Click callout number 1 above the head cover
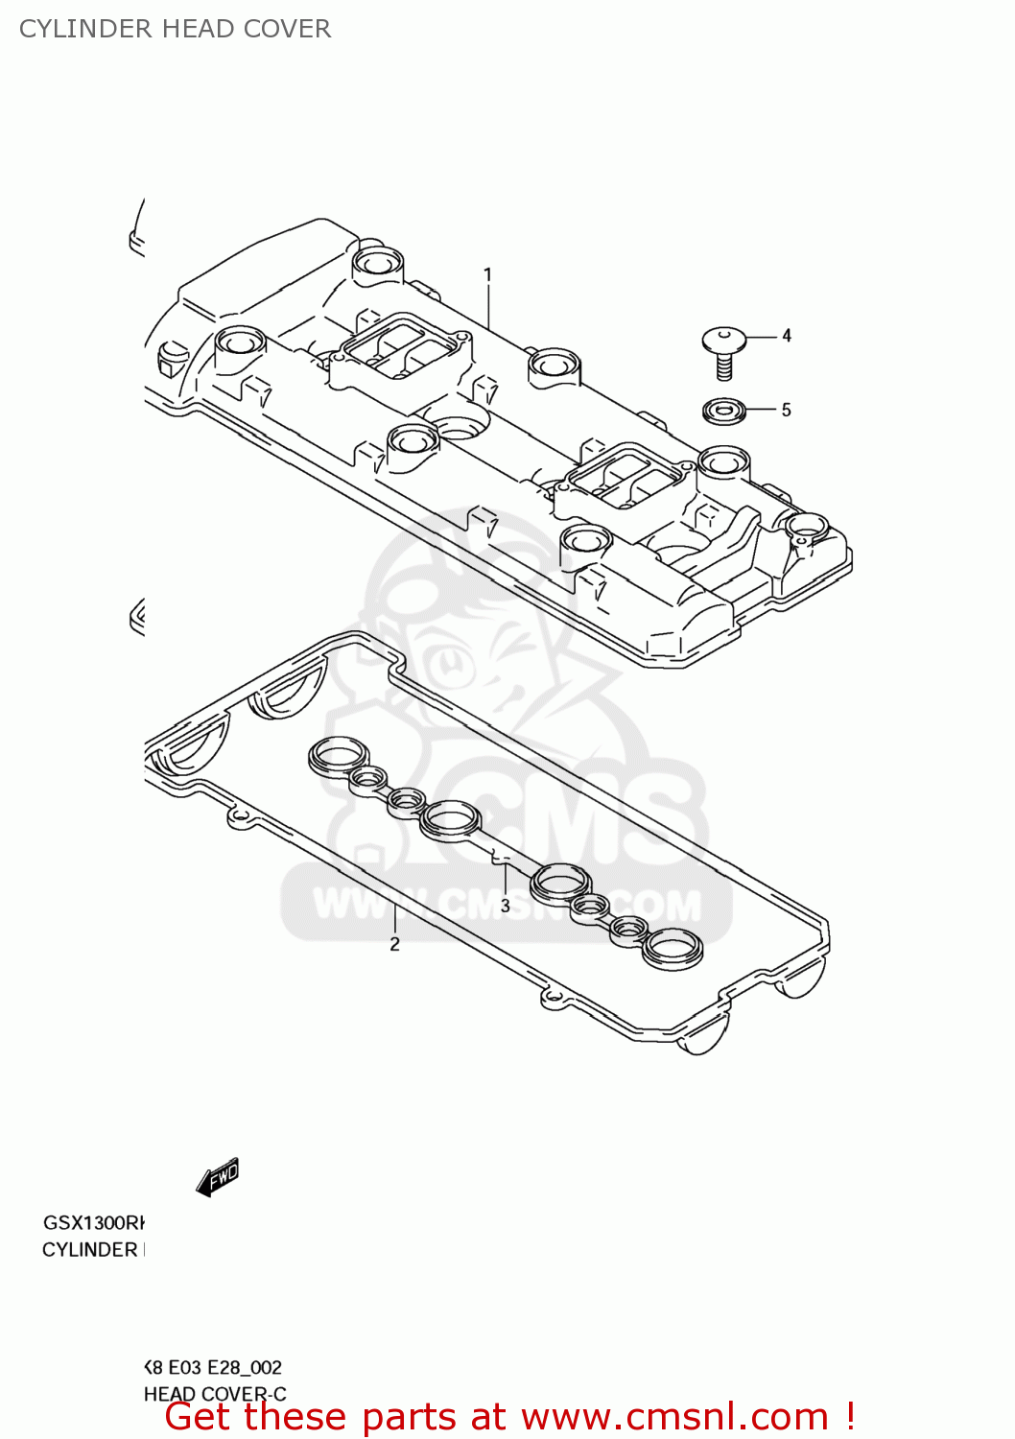[x=487, y=275]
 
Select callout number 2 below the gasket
[x=394, y=944]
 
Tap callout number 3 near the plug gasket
[x=505, y=906]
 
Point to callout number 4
[x=787, y=336]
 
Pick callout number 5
[x=786, y=411]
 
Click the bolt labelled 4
[x=724, y=350]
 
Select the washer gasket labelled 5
[x=724, y=411]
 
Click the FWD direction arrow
[x=218, y=1176]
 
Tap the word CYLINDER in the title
[x=86, y=29]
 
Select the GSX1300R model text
[x=93, y=1222]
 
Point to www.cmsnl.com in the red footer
[x=674, y=1417]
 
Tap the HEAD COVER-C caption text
[x=215, y=1393]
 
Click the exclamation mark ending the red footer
[x=850, y=1416]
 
